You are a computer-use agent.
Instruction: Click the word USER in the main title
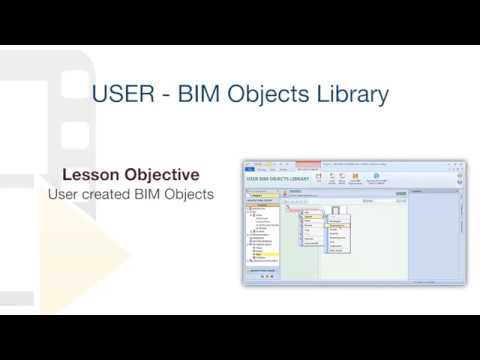pyautogui.click(x=121, y=95)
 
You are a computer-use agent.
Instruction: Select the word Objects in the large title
pyautogui.click(x=271, y=95)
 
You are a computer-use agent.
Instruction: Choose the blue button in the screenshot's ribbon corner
pyautogui.click(x=250, y=170)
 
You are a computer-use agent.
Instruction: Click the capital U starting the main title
pyautogui.click(x=100, y=95)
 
